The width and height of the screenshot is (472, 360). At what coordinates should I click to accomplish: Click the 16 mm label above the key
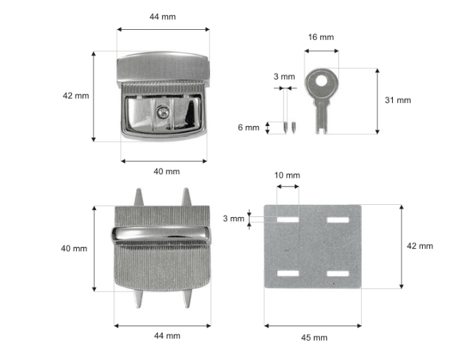pyautogui.click(x=321, y=37)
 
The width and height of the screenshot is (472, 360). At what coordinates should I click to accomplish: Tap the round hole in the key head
pyautogui.click(x=322, y=80)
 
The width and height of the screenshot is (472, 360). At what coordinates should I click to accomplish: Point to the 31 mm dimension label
pyautogui.click(x=398, y=100)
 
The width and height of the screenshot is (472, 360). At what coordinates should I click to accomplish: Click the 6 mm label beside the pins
pyautogui.click(x=248, y=127)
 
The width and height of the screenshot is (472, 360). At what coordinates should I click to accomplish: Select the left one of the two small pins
pyautogui.click(x=285, y=127)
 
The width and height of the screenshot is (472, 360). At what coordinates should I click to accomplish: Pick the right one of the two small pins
pyautogui.click(x=294, y=127)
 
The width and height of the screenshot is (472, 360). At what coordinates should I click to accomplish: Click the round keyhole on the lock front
pyautogui.click(x=163, y=112)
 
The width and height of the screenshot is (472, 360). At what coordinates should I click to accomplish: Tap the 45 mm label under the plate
pyautogui.click(x=314, y=338)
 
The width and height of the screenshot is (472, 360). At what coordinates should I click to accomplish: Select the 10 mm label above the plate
pyautogui.click(x=287, y=175)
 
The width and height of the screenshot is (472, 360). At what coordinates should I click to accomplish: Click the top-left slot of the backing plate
pyautogui.click(x=288, y=220)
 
